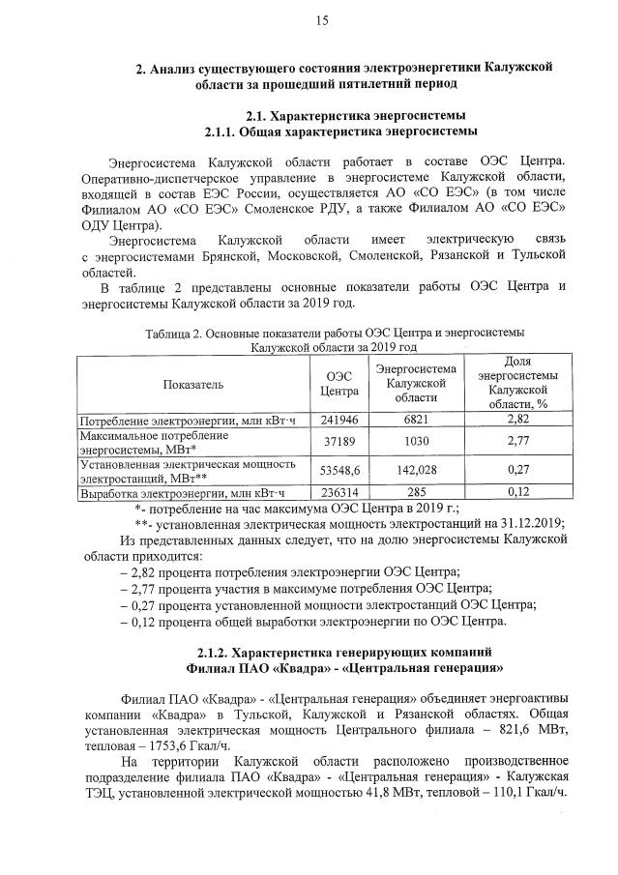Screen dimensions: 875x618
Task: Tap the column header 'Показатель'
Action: click(192, 384)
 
